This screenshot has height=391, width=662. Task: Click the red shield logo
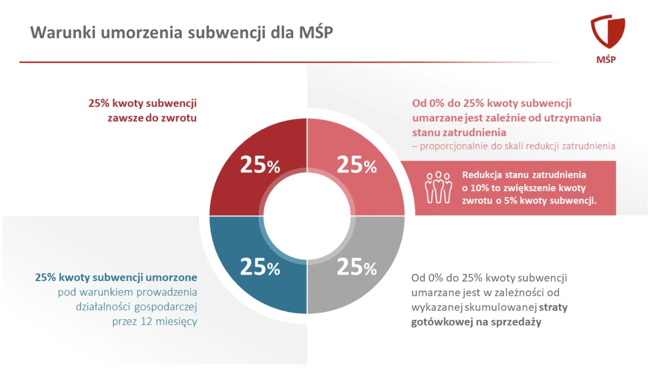click(x=607, y=31)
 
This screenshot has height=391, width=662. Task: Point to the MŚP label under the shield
click(x=606, y=60)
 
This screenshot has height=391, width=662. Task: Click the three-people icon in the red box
click(x=438, y=188)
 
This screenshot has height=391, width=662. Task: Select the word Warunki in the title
click(x=63, y=33)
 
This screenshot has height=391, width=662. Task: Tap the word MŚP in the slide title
click(x=316, y=33)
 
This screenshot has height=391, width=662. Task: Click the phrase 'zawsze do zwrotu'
click(x=152, y=118)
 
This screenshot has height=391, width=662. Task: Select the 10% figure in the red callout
click(x=479, y=188)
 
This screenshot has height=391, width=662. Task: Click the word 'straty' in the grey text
click(x=553, y=307)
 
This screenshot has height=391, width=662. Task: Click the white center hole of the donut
click(x=307, y=216)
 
